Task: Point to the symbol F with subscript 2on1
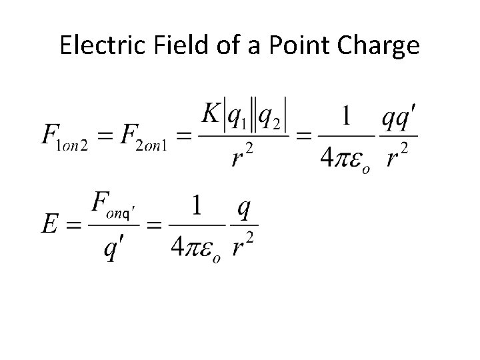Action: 149,139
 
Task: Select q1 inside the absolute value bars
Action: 237,118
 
